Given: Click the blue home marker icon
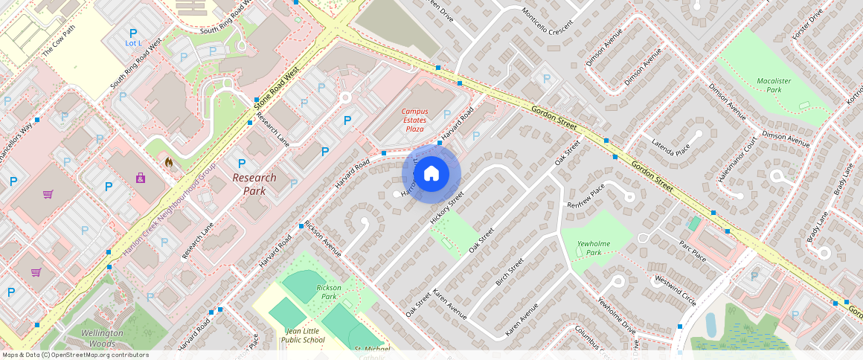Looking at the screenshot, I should tap(431, 174).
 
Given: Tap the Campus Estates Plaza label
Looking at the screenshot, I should tap(414, 120).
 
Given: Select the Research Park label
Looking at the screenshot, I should tap(254, 184).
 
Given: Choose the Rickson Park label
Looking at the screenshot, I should tap(329, 292).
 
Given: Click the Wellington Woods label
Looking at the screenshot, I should tap(102, 338).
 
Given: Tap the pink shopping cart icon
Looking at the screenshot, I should tap(48, 194).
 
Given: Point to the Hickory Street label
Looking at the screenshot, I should tap(447, 208).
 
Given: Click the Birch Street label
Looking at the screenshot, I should tap(510, 271).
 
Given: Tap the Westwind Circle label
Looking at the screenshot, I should tap(675, 291).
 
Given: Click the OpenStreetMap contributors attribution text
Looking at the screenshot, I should tap(74, 355).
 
